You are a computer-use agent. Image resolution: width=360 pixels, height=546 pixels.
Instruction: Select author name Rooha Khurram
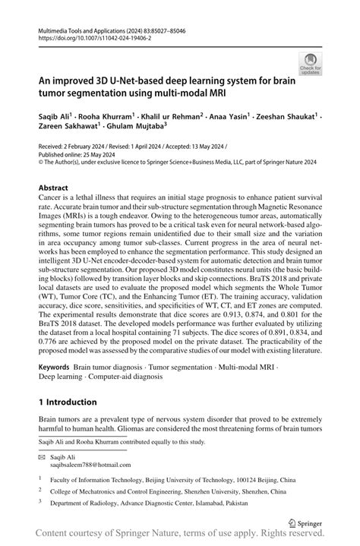pyautogui.click(x=113, y=118)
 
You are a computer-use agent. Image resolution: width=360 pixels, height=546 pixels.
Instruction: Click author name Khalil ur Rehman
pyautogui.click(x=176, y=118)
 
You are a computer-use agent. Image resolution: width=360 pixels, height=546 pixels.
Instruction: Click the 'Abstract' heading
pyautogui.click(x=55, y=186)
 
